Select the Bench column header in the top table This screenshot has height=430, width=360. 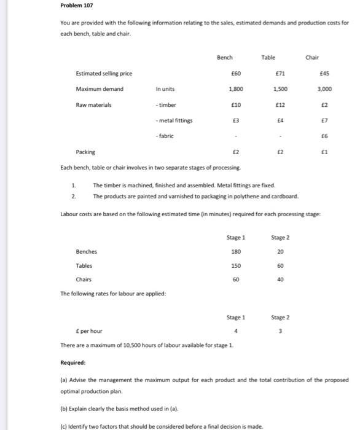tap(225, 57)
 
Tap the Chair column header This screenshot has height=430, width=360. tap(311, 57)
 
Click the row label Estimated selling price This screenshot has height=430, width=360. tap(104, 74)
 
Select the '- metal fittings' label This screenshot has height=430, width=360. tap(174, 120)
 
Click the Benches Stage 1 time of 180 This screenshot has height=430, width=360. tap(235, 251)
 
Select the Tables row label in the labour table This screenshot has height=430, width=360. tap(84, 266)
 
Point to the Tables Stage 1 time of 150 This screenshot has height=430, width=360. tap(235, 266)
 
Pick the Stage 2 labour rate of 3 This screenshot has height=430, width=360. tap(281, 332)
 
